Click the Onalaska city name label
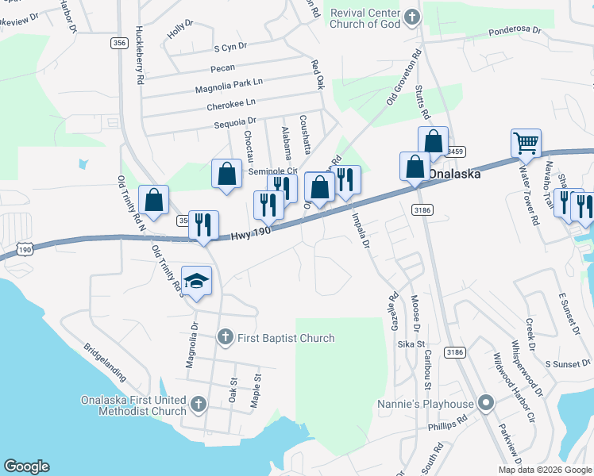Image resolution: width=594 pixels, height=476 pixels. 454,175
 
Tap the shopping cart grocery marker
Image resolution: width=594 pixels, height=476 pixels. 526,144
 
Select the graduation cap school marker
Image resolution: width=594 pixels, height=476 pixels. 196,281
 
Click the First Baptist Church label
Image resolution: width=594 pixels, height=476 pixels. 278,338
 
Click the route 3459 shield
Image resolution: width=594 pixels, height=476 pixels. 454,152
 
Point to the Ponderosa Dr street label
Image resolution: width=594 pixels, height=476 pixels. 514,30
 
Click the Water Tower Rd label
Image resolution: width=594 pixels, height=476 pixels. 528,185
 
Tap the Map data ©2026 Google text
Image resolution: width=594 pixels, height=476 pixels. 546,470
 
